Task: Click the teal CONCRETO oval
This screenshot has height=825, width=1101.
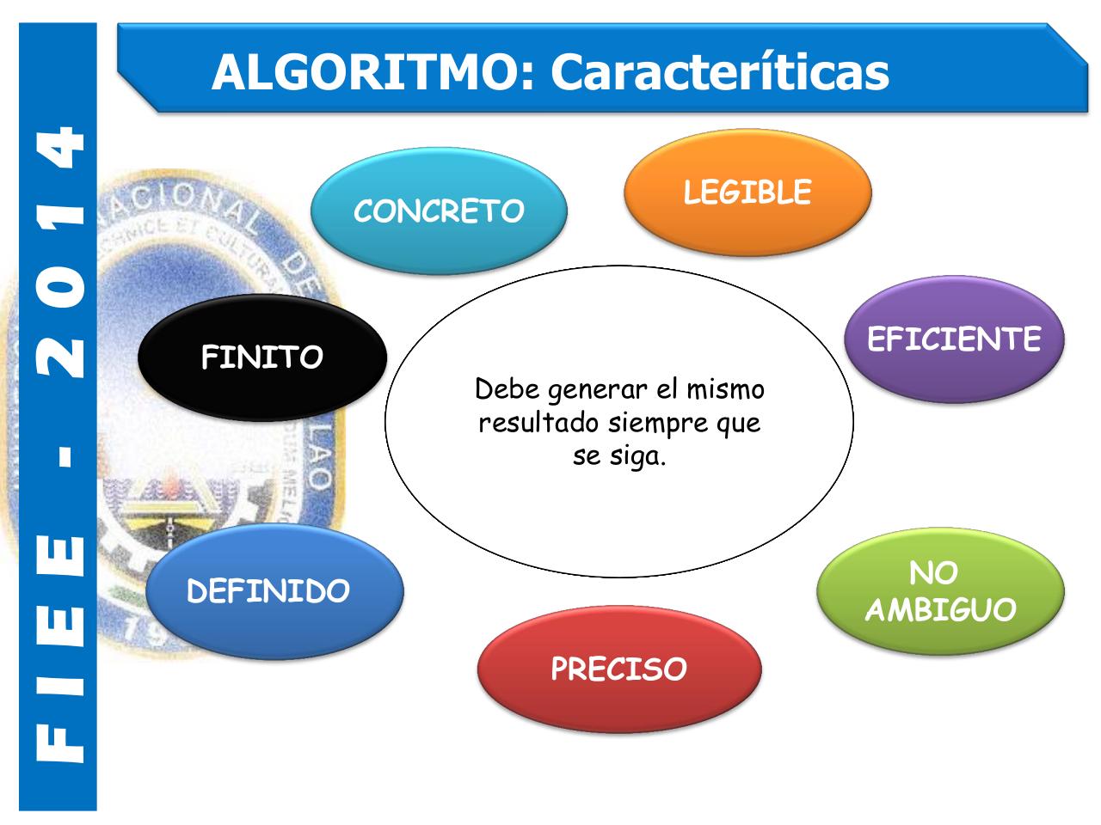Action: click(439, 211)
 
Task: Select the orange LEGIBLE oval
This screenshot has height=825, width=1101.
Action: click(747, 192)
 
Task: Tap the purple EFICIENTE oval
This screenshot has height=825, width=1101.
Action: click(954, 339)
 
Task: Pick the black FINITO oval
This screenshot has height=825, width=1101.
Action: click(262, 357)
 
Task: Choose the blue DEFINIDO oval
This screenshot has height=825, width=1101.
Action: click(274, 591)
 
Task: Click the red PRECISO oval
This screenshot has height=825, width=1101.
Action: click(618, 669)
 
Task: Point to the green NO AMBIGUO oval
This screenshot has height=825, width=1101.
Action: click(940, 591)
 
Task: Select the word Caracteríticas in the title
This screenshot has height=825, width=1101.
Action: click(720, 71)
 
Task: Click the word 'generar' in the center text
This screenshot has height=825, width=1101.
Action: click(596, 390)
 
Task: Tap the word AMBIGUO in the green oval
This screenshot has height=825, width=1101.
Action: click(940, 610)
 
